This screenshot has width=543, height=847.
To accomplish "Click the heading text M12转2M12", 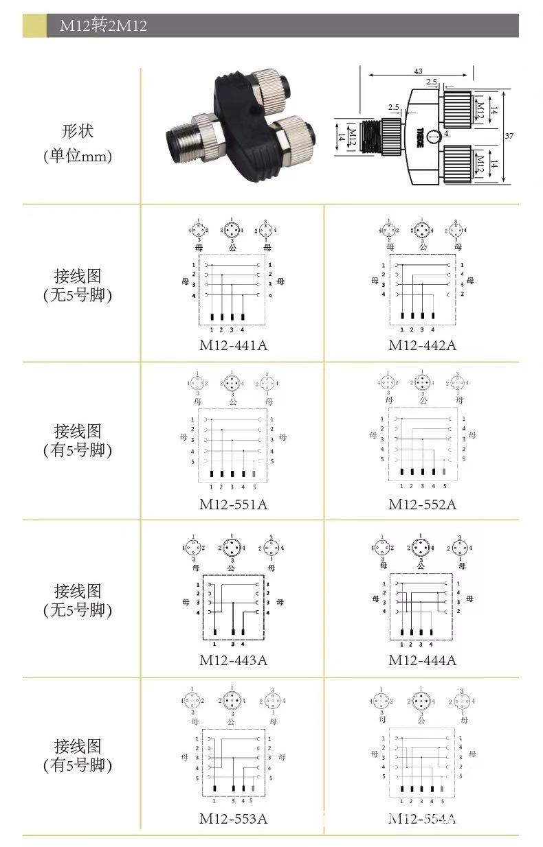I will (103, 26).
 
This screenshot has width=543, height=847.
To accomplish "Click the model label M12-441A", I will (233, 345).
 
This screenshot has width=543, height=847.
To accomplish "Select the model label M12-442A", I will (422, 345).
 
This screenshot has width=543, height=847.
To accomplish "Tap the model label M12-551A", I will (233, 504).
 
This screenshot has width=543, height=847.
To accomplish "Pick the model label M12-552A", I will (422, 504).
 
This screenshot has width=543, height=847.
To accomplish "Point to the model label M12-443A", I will (233, 660).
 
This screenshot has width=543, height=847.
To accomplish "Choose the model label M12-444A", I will (422, 660).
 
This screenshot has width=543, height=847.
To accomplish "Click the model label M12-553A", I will (233, 818).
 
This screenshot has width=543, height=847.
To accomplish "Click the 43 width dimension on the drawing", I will (418, 71).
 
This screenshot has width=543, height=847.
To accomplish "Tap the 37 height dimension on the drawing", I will (509, 136).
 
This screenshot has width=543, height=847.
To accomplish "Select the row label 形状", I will (78, 131).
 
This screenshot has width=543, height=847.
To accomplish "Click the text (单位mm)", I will (78, 156).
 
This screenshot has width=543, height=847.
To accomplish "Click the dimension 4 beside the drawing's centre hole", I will (446, 133).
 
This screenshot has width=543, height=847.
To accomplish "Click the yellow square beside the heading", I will (34, 26).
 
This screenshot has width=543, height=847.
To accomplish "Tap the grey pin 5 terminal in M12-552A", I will (444, 472).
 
